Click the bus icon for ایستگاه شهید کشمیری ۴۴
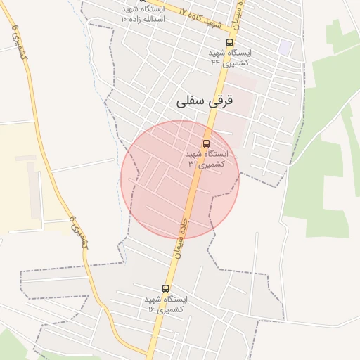pyautogui.click(x=229, y=42)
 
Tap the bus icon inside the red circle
pyautogui.click(x=206, y=143)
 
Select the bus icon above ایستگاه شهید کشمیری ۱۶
pyautogui.click(x=166, y=288)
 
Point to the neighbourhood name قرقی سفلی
pyautogui.click(x=204, y=101)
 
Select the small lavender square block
pyautogui.click(x=284, y=47)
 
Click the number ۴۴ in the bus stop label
pyautogui.click(x=216, y=63)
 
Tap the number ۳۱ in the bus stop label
pyautogui.click(x=192, y=163)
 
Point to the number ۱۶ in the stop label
pyautogui.click(x=152, y=309)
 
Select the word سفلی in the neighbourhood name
pyautogui.click(x=191, y=101)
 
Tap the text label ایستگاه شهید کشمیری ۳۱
pyautogui.click(x=207, y=158)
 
